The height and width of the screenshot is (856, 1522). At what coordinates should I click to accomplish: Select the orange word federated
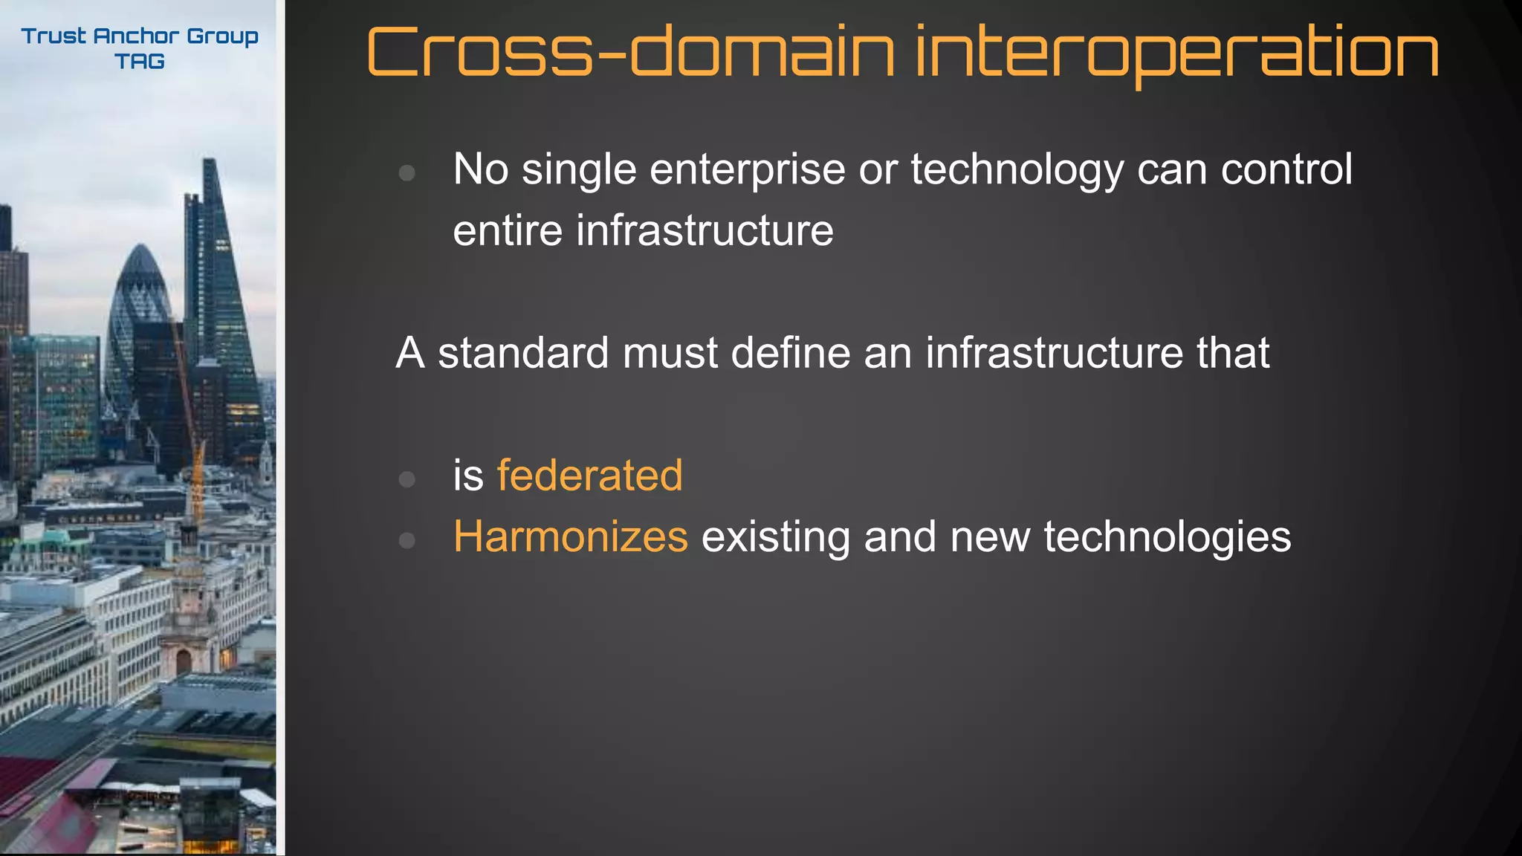point(589,476)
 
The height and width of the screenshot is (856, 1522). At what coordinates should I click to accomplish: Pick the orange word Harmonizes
point(571,536)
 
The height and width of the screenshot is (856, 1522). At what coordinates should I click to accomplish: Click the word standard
point(523,352)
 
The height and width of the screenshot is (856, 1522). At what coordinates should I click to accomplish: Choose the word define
point(790,352)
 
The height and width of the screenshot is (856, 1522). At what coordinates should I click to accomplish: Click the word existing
point(775,538)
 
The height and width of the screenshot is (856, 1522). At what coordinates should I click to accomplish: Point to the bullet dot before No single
point(407,173)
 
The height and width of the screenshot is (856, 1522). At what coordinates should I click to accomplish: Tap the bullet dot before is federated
point(407,479)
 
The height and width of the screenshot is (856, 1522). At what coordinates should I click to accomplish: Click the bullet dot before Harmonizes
point(407,540)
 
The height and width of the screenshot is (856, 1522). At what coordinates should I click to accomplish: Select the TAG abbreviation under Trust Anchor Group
point(140,62)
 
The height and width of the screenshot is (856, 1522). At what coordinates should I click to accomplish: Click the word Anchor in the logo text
point(136,36)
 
